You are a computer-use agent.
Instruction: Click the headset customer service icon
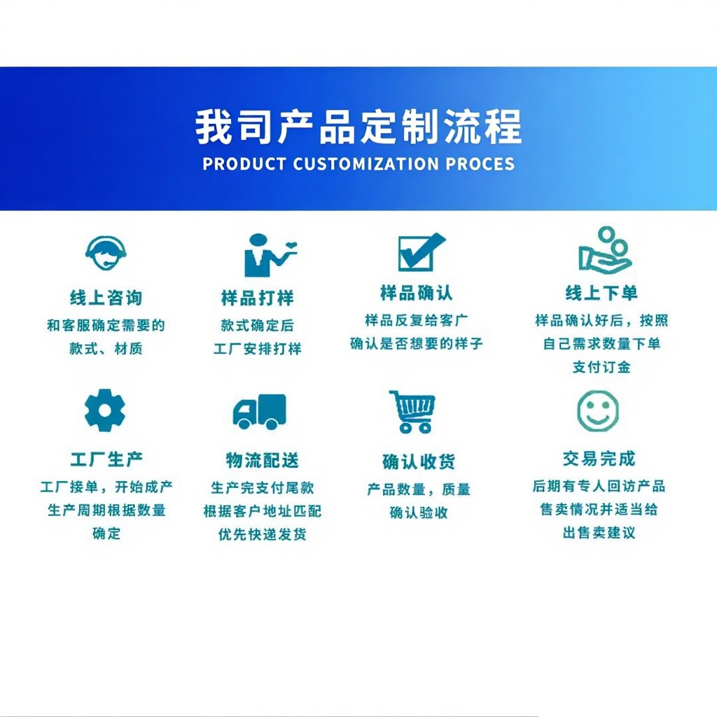click(106, 253)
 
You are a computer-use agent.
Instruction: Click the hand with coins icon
click(605, 249)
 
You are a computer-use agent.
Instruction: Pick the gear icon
click(105, 410)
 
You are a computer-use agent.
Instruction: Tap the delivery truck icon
click(260, 412)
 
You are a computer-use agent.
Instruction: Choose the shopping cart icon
click(412, 412)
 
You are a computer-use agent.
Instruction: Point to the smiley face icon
click(598, 411)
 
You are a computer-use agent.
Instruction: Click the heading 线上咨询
click(106, 298)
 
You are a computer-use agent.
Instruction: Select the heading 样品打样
click(258, 298)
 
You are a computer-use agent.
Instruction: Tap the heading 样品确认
click(417, 293)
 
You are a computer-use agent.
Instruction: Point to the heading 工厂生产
click(106, 459)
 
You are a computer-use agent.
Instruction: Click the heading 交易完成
click(599, 459)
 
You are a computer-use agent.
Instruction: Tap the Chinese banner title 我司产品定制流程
click(359, 127)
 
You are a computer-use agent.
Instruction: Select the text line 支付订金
click(601, 367)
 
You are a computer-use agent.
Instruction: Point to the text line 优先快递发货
click(263, 534)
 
